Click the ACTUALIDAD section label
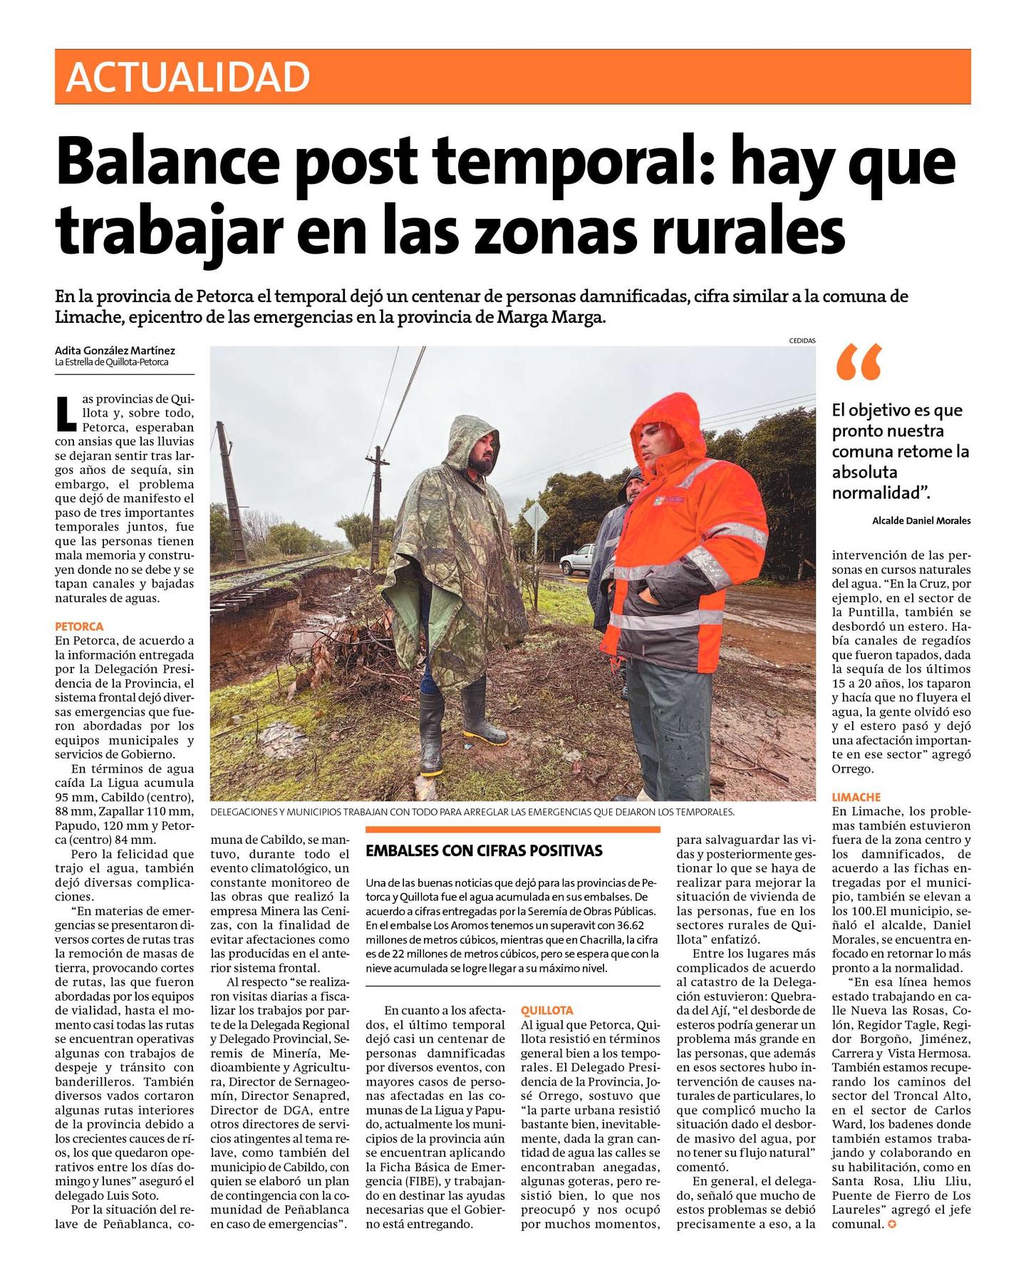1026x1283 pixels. click(x=187, y=77)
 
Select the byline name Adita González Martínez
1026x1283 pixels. click(x=115, y=351)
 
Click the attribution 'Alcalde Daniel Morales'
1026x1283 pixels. click(x=921, y=521)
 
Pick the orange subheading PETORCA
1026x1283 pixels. click(x=79, y=627)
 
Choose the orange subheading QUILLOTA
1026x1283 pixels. click(x=547, y=1011)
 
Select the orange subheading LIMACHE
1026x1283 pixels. click(x=856, y=798)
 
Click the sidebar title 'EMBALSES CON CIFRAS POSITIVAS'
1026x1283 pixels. click(x=484, y=850)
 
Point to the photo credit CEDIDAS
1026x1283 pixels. click(x=802, y=341)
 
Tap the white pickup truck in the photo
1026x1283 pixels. click(x=577, y=560)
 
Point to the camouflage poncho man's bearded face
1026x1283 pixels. click(x=482, y=457)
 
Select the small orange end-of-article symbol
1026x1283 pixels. click(x=888, y=1225)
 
